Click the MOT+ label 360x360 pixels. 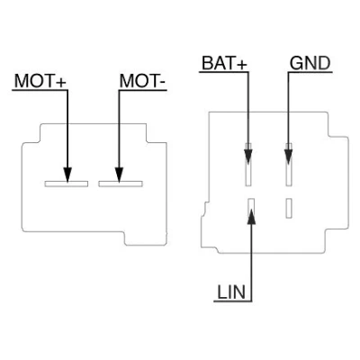point(40,81)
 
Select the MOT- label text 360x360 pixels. point(143,81)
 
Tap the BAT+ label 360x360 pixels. point(224,63)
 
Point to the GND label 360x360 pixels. point(310,63)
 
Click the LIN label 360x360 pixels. point(231,292)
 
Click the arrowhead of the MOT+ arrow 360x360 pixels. point(67,175)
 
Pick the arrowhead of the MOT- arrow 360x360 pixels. point(119,175)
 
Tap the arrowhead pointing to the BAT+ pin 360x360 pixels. point(248,156)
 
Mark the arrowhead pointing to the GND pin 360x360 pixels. point(288,156)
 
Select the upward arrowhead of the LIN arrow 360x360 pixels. point(252,216)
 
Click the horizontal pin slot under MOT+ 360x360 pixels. point(67,184)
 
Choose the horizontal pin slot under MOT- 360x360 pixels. point(121,184)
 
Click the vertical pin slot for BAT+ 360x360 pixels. point(248,165)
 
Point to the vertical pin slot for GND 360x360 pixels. point(289,165)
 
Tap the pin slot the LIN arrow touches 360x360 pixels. point(251,208)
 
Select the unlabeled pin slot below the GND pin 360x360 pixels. point(289,208)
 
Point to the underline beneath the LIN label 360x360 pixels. point(233,301)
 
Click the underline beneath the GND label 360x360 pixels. point(310,72)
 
